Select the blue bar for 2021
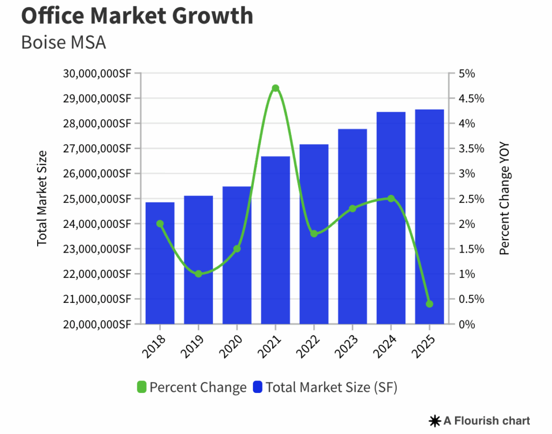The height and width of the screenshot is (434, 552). (275, 240)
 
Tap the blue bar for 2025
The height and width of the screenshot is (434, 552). (429, 216)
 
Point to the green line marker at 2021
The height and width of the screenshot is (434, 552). (275, 88)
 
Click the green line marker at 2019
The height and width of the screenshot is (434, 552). (198, 274)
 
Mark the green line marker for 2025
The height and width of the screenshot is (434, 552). (429, 304)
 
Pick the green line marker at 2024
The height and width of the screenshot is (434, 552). (391, 199)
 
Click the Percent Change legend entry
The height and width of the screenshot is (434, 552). (192, 387)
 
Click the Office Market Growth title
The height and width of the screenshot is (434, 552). (137, 16)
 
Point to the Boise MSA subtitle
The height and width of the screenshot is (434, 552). (63, 42)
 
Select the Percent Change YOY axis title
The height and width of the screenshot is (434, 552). (504, 199)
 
